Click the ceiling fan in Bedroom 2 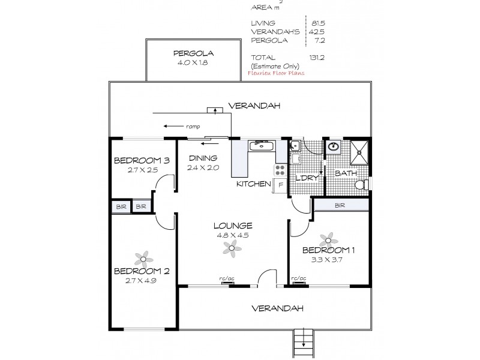142,259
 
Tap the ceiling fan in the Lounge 232,247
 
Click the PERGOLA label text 194,52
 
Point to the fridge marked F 280,185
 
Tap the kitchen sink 262,145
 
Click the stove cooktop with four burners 281,169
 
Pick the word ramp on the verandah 192,127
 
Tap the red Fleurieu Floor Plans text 276,73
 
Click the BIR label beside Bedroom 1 340,205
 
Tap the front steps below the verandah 303,344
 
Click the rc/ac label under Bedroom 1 298,278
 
